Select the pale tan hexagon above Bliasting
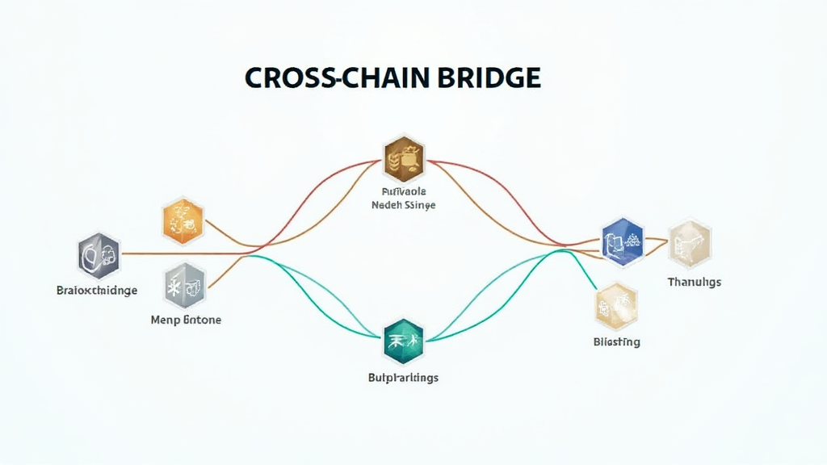tap(615, 305)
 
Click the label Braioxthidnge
tap(97, 290)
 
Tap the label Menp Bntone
tap(186, 320)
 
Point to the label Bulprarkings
tap(403, 377)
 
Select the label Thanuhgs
tap(695, 282)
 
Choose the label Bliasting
tap(616, 341)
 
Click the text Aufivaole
tap(403, 192)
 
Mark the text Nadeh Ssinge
tap(403, 206)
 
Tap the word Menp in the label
tap(165, 320)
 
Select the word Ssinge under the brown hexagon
tap(420, 206)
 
